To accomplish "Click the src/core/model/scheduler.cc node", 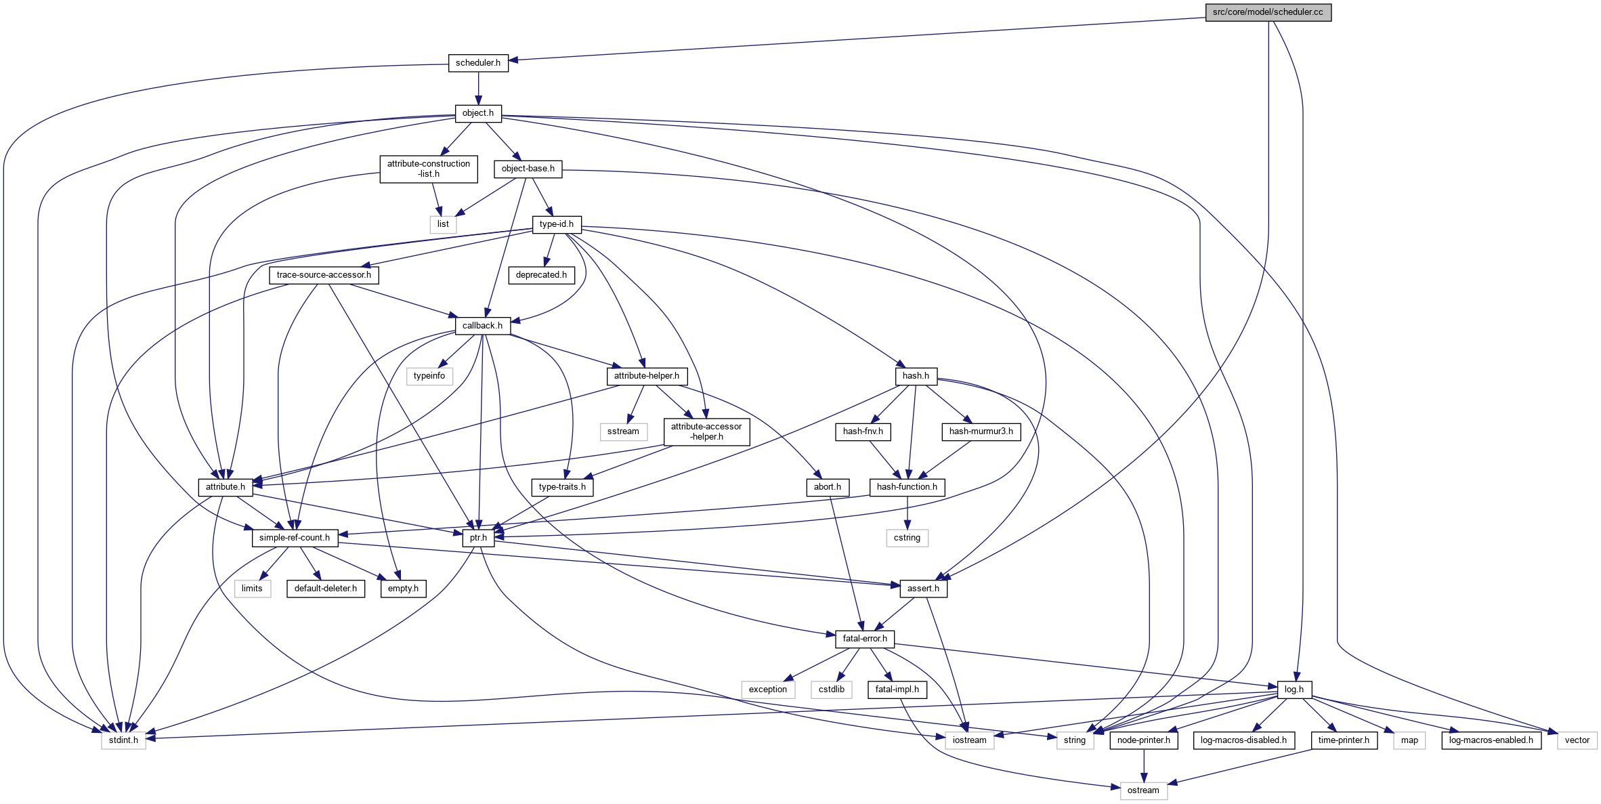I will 1268,12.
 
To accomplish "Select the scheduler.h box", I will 478,63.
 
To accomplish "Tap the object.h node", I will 478,113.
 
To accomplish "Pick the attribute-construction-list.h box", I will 429,169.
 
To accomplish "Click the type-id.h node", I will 557,224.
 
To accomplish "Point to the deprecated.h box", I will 541,275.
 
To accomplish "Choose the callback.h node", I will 482,326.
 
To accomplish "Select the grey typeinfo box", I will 429,376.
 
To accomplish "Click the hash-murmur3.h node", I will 981,431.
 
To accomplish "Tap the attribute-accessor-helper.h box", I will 706,431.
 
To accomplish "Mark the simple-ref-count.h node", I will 295,538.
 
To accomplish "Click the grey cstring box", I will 907,538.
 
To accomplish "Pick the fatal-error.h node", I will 865,639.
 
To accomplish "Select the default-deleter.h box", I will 326,589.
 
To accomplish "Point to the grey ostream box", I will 1143,790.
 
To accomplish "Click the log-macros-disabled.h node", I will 1243,740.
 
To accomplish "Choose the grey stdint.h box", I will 123,740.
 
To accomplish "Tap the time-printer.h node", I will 1344,740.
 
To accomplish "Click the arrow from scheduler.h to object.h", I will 478,88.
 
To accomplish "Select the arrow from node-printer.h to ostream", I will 1144,765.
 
